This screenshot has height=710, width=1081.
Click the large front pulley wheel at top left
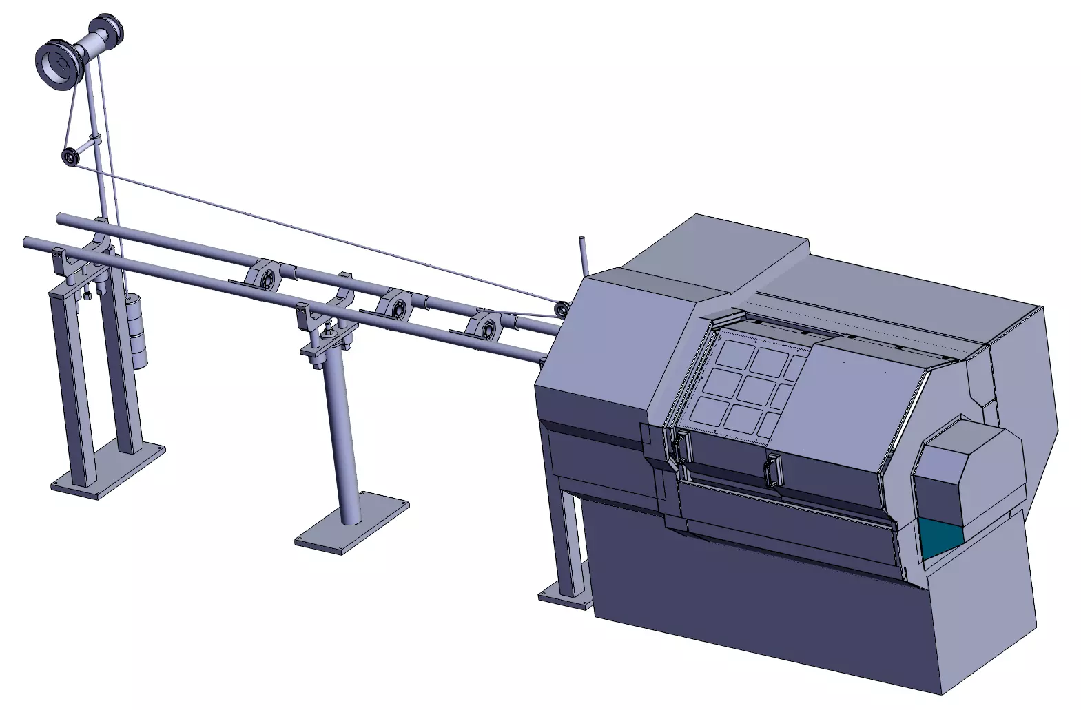tap(56, 64)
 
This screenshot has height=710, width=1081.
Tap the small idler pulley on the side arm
tap(70, 157)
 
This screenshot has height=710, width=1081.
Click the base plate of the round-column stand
tap(352, 523)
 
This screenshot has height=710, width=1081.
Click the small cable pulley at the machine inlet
tap(562, 309)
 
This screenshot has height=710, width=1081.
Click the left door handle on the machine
tap(682, 451)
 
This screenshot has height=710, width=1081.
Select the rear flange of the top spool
tap(108, 29)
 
